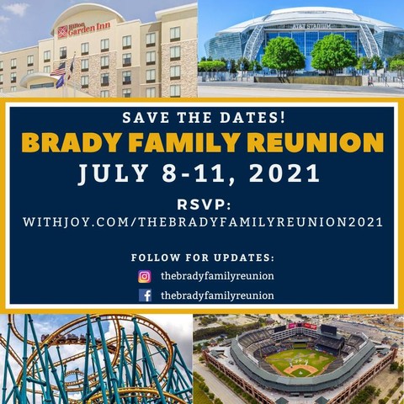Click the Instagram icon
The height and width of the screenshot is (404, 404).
pos(145,276)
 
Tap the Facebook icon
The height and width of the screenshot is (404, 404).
pos(145,295)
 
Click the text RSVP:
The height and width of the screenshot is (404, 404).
pos(202,203)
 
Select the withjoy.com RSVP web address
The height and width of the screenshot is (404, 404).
pos(202,222)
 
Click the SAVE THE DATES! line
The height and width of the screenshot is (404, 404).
pos(202,116)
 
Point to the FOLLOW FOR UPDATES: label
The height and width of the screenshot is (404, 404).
pos(202,257)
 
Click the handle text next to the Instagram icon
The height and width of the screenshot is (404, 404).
pos(217,276)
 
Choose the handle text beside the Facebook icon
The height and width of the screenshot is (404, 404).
pos(217,295)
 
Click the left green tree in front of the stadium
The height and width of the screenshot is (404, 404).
pos(282,55)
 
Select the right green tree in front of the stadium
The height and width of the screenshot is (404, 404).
pos(333,53)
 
